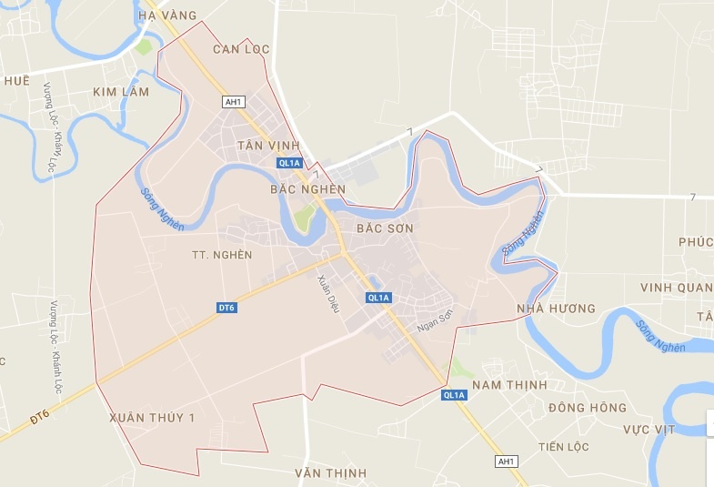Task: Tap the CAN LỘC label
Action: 241,49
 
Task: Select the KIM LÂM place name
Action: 121,92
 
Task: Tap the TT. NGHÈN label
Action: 223,255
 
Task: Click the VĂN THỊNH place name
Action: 331,472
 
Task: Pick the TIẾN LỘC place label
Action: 563,447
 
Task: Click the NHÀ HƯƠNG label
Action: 556,309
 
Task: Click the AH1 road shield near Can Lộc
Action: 232,102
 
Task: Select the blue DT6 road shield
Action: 226,308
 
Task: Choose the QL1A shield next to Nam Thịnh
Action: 455,395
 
